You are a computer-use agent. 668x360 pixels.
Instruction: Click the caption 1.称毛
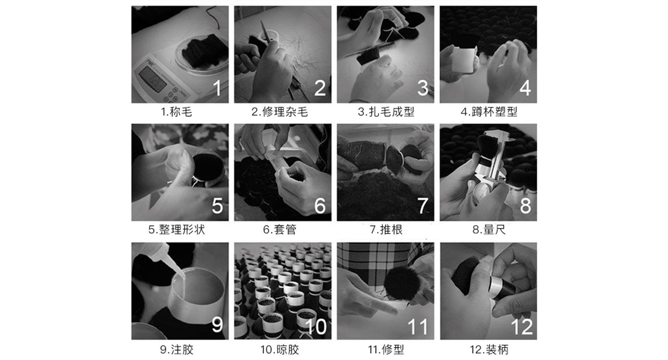176,112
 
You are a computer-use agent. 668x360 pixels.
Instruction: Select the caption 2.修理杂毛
280,112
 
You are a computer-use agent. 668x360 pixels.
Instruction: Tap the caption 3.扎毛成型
386,112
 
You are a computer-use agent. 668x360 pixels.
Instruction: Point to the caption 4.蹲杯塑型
489,112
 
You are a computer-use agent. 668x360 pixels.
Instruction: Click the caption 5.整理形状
177,230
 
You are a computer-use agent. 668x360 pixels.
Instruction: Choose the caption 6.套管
280,230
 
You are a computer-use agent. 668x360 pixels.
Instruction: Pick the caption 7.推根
386,230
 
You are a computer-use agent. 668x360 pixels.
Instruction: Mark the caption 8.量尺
489,230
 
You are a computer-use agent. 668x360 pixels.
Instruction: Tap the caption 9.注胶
177,350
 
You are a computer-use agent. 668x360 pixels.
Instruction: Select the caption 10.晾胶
280,350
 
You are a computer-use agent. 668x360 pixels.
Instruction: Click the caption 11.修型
386,350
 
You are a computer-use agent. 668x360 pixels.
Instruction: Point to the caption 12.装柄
489,350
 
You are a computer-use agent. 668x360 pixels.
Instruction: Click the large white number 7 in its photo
422,205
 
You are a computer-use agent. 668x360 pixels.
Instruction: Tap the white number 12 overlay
522,327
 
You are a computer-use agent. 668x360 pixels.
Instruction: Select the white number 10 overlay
316,327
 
